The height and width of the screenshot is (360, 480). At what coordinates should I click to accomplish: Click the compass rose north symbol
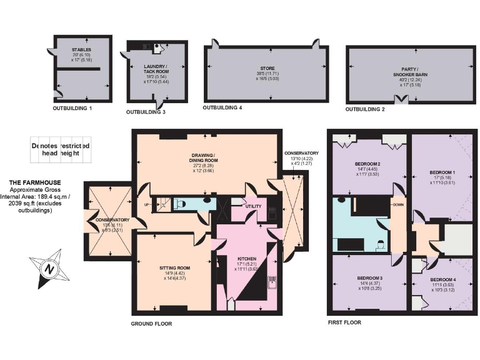coord(47,267)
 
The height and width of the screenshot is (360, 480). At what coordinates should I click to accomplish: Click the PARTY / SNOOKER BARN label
coord(410,73)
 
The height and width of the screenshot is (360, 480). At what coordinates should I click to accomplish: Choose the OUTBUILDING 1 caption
coord(72,108)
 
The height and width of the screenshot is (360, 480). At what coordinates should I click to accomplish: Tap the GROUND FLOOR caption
coord(151,324)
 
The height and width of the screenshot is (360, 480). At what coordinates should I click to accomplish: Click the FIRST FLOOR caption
coord(344,322)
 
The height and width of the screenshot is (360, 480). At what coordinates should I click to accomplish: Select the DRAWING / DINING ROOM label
coord(204,157)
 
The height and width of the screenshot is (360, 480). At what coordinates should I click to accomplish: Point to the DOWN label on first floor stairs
coord(397,204)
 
